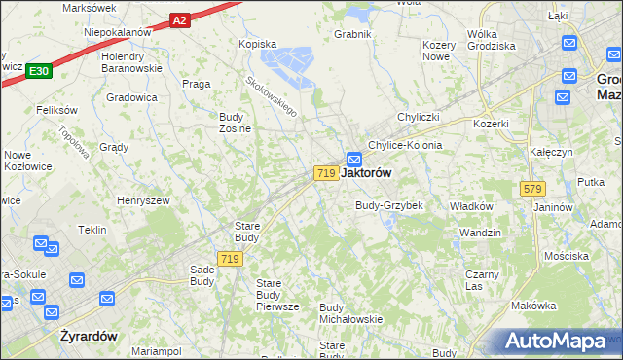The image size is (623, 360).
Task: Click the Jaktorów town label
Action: click(x=368, y=172)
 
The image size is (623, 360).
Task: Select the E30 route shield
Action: click(x=39, y=71)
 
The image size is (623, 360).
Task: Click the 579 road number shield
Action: click(x=531, y=188)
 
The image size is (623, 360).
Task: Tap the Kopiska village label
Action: click(x=258, y=44)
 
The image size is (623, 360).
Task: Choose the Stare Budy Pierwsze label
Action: click(x=276, y=295)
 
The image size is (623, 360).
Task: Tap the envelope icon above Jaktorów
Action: click(x=354, y=159)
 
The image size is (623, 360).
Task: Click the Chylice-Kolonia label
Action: click(x=405, y=145)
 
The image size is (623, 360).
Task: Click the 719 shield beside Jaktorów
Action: click(x=326, y=172)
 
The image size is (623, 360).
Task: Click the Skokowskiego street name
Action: click(x=271, y=98)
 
